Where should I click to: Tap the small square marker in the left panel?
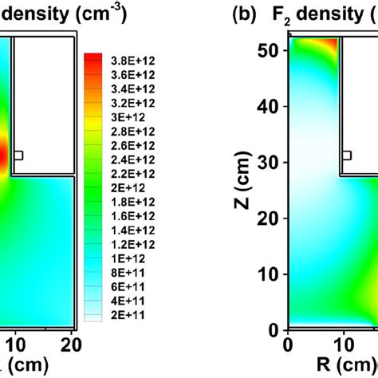(x=19, y=155)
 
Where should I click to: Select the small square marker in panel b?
(x=347, y=155)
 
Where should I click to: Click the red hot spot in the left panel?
(x=3, y=156)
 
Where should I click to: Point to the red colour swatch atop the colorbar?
(x=93, y=57)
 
